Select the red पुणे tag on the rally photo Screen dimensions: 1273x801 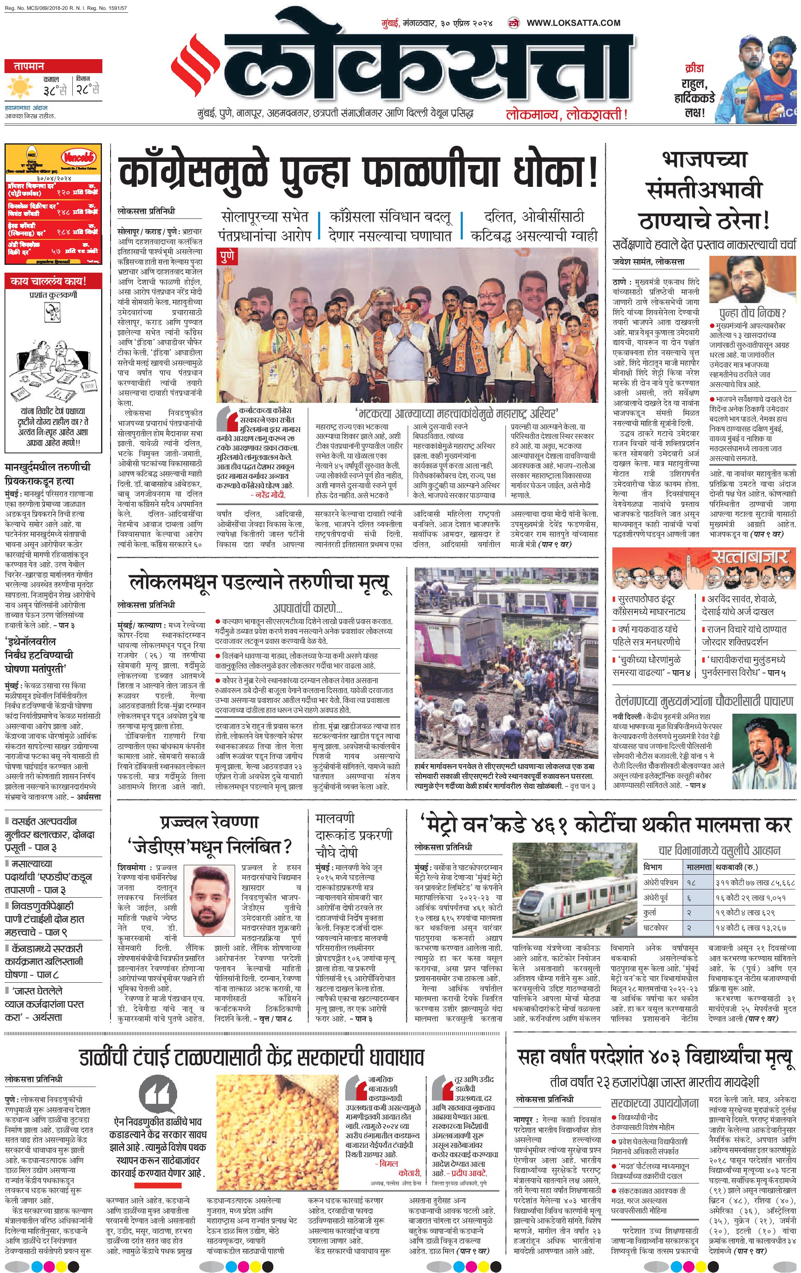click(x=228, y=257)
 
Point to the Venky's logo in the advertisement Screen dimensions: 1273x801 click(x=78, y=156)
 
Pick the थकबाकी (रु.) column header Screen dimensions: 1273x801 click(x=736, y=867)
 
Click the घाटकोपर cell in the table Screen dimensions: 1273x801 click(x=656, y=928)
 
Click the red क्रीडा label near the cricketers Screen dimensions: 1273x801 click(x=694, y=69)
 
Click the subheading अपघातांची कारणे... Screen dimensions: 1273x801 click(x=307, y=608)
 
